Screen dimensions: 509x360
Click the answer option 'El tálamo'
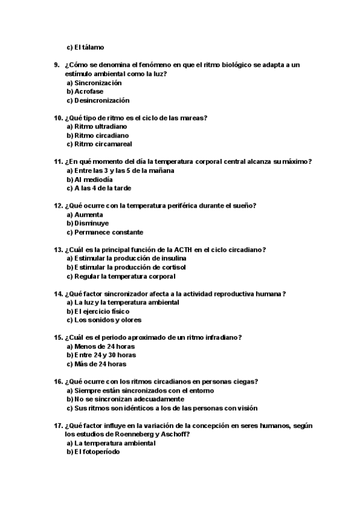point(93,47)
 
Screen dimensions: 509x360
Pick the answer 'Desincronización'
point(102,101)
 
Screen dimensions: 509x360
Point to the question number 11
point(58,162)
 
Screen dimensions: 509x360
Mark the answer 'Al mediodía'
point(93,180)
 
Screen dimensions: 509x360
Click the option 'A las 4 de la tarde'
point(102,188)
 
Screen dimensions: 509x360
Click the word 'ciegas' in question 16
point(247,382)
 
